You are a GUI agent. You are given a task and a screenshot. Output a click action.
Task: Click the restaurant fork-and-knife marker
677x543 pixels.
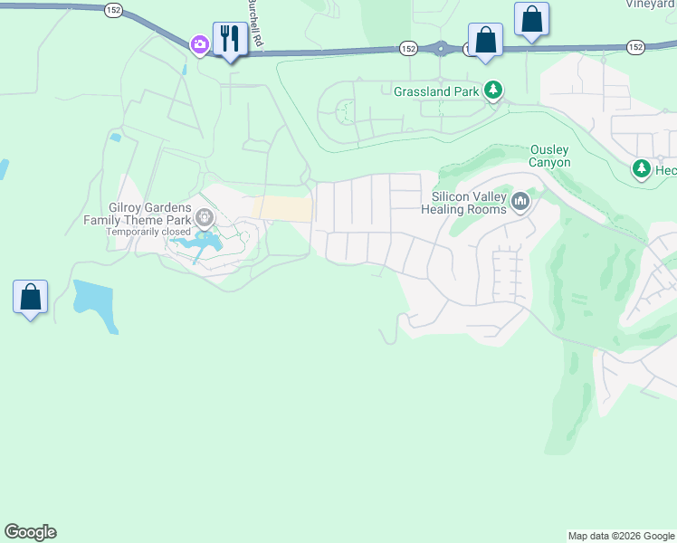click(230, 39)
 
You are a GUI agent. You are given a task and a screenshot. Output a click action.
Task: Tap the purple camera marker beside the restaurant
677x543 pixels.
click(199, 43)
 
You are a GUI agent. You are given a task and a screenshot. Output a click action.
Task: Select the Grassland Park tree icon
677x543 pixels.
click(492, 90)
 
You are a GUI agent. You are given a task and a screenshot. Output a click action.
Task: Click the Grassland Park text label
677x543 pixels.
click(435, 91)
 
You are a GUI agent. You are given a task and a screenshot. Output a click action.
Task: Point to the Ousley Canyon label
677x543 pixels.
click(550, 156)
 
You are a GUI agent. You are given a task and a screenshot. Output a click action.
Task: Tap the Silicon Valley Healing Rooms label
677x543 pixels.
click(467, 203)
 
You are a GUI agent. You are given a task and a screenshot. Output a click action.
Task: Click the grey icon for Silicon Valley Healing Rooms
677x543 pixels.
click(520, 202)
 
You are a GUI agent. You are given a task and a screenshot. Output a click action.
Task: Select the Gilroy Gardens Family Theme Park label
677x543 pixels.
click(138, 214)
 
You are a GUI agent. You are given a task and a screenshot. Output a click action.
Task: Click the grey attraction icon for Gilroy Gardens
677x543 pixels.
click(205, 217)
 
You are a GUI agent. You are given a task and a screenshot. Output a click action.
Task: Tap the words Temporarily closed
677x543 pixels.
click(148, 232)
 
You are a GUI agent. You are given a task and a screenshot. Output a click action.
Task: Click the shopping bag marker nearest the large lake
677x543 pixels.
click(31, 297)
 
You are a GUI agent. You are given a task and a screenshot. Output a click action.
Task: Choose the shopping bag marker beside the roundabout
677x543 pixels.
click(485, 41)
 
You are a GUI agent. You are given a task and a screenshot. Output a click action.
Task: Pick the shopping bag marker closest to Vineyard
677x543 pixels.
click(531, 20)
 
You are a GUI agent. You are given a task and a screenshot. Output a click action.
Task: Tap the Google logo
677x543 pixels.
click(30, 532)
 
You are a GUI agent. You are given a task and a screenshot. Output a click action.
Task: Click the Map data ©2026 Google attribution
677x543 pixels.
click(621, 536)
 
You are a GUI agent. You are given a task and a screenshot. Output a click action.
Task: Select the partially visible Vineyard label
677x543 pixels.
click(650, 4)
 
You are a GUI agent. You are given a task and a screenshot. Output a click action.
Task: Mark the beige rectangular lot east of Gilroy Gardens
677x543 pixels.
click(282, 208)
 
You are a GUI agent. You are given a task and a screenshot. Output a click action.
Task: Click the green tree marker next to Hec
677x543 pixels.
click(641, 169)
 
